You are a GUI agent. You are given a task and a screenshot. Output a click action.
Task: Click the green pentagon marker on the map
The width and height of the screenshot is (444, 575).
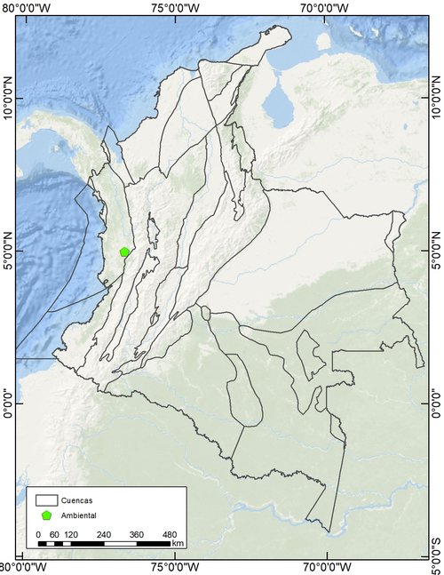[x=125, y=252]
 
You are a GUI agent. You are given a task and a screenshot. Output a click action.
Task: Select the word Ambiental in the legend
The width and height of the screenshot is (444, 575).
[x=79, y=515]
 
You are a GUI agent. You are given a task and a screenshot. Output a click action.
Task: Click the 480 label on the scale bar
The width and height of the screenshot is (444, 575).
[x=170, y=533]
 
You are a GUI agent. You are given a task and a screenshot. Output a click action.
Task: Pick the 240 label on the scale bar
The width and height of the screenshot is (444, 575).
[x=104, y=533]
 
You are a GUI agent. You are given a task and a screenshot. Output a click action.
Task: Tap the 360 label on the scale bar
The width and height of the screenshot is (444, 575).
[x=137, y=533]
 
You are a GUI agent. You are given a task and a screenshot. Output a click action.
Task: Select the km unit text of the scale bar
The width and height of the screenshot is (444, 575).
[x=178, y=543]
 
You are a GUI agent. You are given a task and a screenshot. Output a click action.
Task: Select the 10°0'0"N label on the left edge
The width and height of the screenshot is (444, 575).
[x=7, y=103]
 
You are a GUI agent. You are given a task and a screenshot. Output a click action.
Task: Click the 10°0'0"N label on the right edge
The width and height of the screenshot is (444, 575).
[x=436, y=103]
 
